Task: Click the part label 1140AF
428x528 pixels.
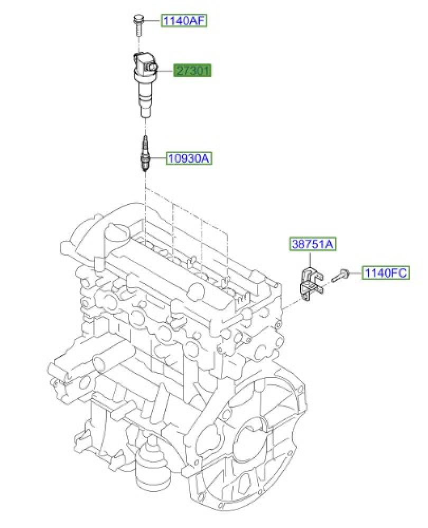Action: [184, 21]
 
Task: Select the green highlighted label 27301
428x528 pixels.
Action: [192, 71]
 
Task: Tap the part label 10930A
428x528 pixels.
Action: [189, 158]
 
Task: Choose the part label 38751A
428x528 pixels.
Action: [313, 244]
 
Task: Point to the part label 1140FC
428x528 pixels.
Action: [386, 272]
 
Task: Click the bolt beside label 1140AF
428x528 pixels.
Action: [138, 24]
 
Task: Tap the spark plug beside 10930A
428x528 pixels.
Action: [145, 155]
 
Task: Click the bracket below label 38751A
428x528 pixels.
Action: [311, 284]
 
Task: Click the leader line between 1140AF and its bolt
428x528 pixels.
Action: [152, 21]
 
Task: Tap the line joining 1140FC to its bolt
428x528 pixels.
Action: [356, 272]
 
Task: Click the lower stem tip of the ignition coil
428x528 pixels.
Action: [145, 116]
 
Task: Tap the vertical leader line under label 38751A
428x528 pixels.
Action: [309, 259]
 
